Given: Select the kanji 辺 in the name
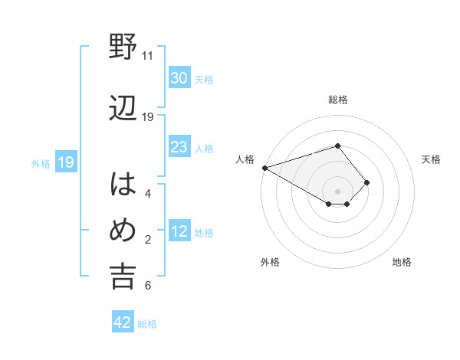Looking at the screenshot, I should click(123, 108).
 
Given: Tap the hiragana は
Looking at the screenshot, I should click(123, 185).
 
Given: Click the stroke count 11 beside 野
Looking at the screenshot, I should click(148, 56).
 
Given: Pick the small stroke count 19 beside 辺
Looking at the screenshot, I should click(148, 117).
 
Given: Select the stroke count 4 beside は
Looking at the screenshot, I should click(147, 194).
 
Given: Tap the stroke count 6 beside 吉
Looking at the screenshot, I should click(147, 286).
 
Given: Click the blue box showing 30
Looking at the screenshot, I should click(179, 78).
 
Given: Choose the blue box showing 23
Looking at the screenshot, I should click(179, 147).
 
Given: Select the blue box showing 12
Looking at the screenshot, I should click(179, 231).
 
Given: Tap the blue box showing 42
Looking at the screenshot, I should click(123, 322).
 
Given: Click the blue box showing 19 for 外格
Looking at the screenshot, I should click(65, 162).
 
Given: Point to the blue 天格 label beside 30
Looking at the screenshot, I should click(204, 79).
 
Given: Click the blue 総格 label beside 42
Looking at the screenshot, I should click(147, 324).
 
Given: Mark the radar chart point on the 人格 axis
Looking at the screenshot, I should click(264, 168).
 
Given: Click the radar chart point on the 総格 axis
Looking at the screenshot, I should click(337, 145).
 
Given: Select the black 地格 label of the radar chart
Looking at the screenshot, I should click(402, 262).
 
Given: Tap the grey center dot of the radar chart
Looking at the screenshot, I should click(337, 190).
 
